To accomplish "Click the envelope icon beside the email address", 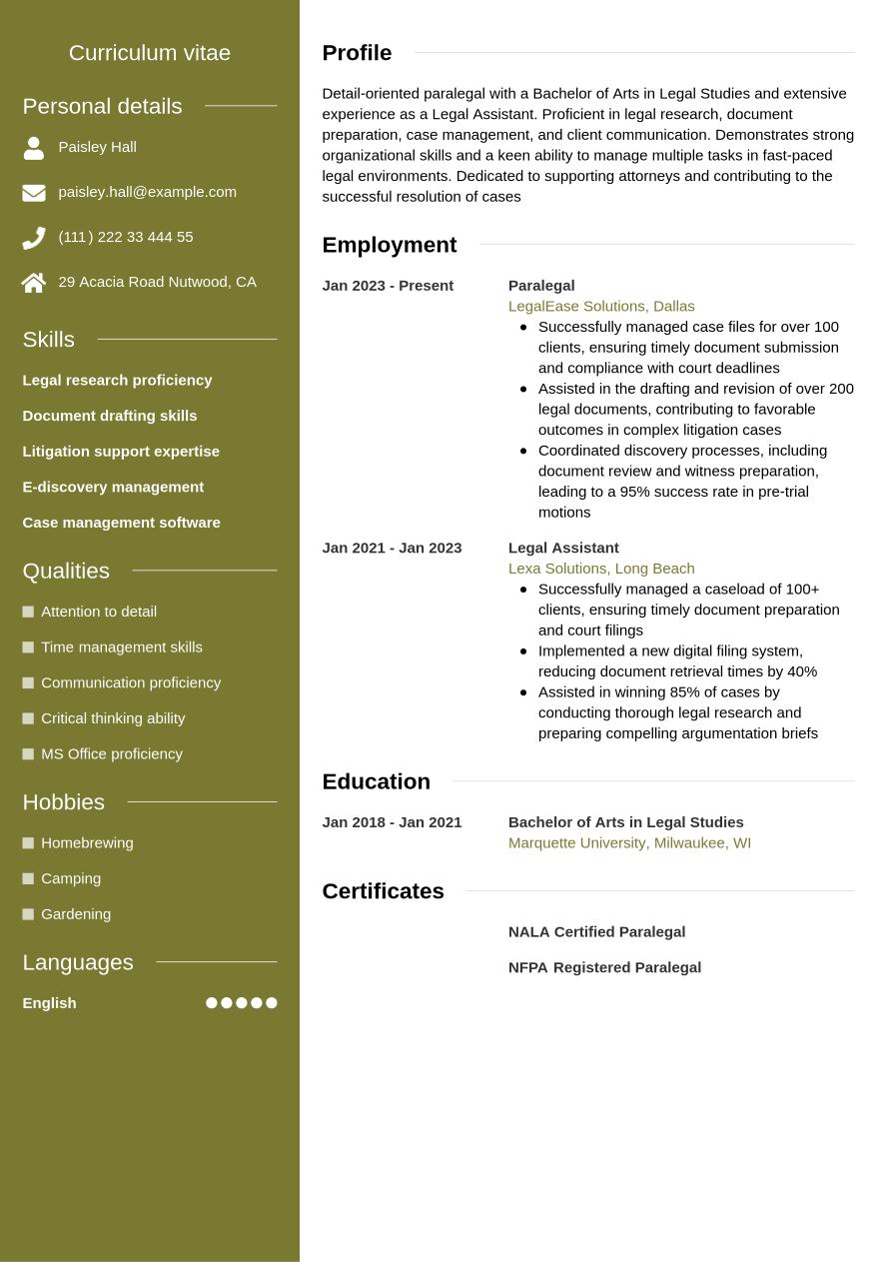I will (x=34, y=193).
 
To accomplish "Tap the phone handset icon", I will (x=34, y=238).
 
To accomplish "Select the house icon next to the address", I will (x=34, y=283).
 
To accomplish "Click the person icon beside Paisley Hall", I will (x=34, y=148).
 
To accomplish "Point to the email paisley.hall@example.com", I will (x=147, y=192).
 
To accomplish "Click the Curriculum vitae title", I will (x=150, y=53).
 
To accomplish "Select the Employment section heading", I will (x=389, y=245).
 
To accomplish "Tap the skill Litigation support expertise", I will (x=121, y=452).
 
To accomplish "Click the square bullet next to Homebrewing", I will (x=28, y=843).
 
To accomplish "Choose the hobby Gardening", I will (x=76, y=914).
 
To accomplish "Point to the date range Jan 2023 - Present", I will (x=388, y=286).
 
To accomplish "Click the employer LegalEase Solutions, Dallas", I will (x=601, y=307).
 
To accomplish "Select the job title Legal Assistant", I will (x=563, y=549).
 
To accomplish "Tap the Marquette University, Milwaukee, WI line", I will (x=629, y=843).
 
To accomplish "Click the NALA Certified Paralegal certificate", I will (x=596, y=932).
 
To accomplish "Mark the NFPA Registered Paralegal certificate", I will (x=604, y=968).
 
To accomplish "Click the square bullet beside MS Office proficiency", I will (x=28, y=754).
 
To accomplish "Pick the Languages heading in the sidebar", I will (x=78, y=962).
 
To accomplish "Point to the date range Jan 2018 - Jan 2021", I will (x=392, y=822).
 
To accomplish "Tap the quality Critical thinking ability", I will (x=113, y=718).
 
